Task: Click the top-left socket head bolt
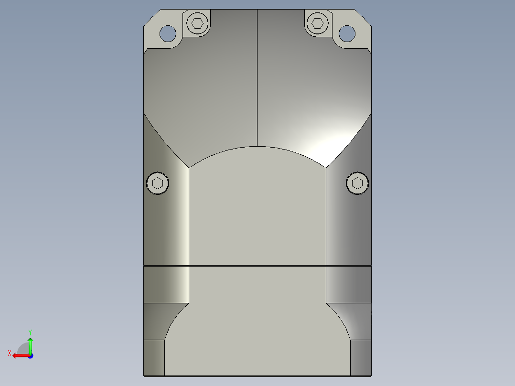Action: [198, 22]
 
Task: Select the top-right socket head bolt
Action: [317, 22]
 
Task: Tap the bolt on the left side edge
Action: [158, 183]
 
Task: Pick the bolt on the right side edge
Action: [357, 183]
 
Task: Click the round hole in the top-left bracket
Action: [168, 33]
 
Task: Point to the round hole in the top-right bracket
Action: [347, 33]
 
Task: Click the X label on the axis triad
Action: [9, 353]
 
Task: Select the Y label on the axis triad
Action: [30, 332]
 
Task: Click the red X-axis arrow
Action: [19, 355]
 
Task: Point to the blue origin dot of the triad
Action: [30, 355]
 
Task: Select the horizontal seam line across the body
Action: [257, 265]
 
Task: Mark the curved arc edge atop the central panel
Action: [257, 146]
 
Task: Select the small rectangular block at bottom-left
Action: [154, 357]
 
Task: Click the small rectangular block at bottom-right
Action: [361, 357]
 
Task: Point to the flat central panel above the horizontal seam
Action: [257, 210]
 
